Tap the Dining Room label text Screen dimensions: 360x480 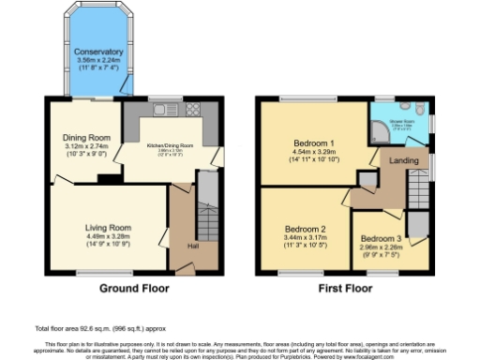(81, 138)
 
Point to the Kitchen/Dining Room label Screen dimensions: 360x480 (170, 145)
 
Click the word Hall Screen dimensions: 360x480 (192, 246)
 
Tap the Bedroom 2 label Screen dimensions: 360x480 (305, 229)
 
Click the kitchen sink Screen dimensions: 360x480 (159, 111)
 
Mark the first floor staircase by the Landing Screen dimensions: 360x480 (417, 197)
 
